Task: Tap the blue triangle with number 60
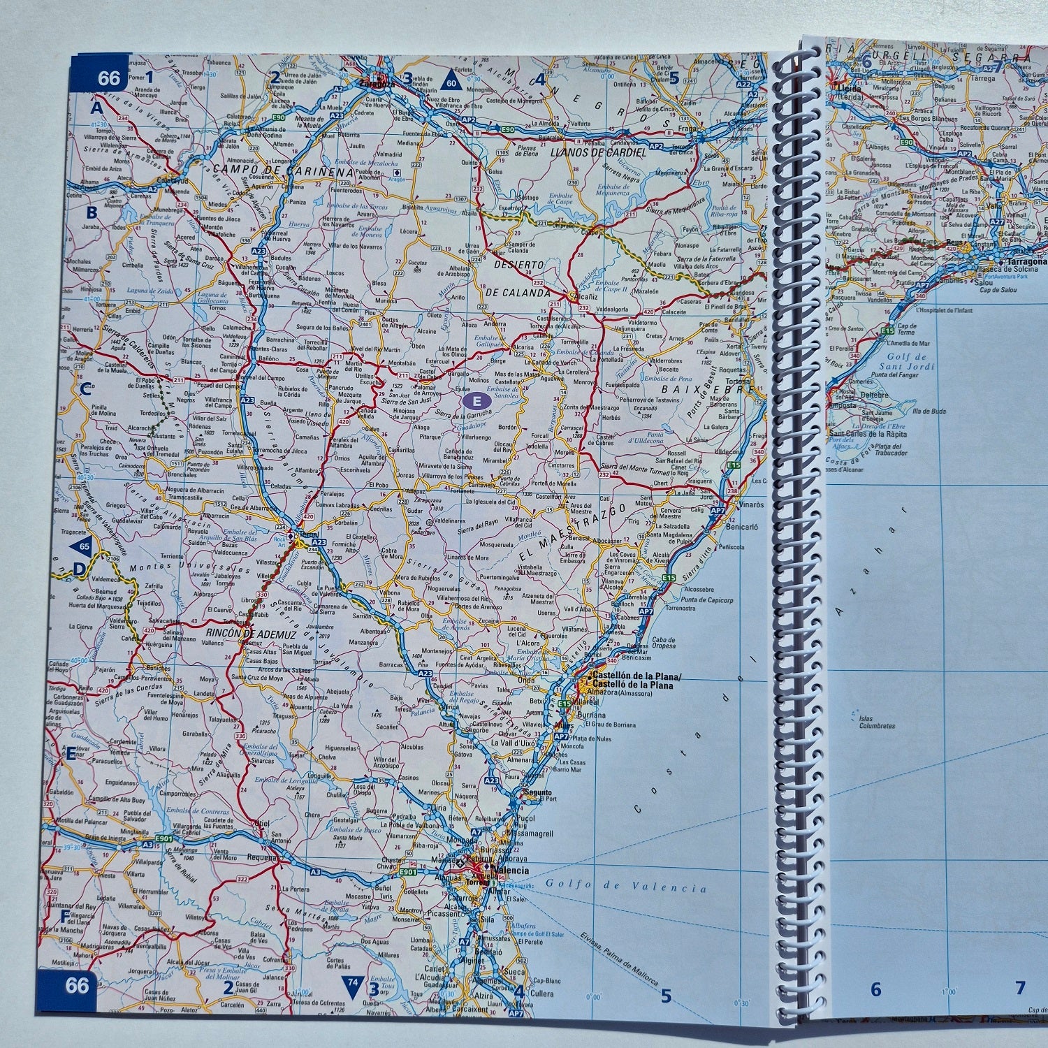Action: point(451,79)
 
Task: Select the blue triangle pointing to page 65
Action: point(82,546)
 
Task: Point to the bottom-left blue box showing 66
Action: point(77,985)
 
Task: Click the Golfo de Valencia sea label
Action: point(626,887)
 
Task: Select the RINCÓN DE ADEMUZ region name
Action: point(251,634)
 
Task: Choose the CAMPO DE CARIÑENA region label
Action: point(283,170)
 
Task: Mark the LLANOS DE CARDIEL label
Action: point(598,152)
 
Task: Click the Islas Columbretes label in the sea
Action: point(877,722)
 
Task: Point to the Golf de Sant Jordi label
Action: point(906,361)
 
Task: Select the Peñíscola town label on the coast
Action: point(731,546)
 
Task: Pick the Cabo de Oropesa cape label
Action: point(663,642)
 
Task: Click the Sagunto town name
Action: point(537,792)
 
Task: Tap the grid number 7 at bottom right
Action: point(1020,988)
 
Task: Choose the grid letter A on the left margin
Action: point(96,108)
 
